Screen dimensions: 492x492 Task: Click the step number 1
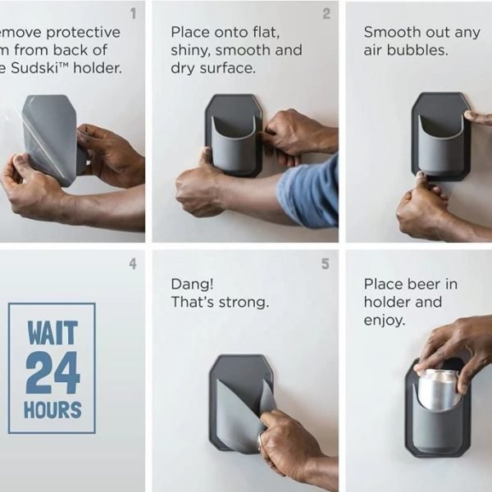pos(133,14)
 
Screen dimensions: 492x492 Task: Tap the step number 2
pos(326,14)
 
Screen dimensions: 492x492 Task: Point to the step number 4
pos(133,263)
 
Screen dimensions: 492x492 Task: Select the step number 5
pos(326,263)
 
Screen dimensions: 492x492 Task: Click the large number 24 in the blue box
pos(52,373)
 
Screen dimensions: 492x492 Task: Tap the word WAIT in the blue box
pos(52,334)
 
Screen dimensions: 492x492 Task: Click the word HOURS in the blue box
pos(52,410)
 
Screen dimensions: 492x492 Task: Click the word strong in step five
pos(243,302)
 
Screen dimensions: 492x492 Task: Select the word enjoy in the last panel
pos(383,320)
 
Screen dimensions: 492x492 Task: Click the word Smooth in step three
pos(390,32)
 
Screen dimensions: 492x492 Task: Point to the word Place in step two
pos(189,32)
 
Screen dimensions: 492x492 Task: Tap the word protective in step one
pos(82,32)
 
